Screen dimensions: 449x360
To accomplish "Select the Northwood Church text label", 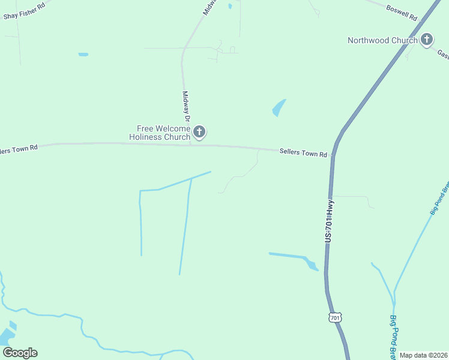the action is pos(382,40).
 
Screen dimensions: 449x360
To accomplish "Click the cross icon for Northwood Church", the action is pos(427,40).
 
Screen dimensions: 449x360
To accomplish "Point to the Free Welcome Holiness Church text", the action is pos(160,132).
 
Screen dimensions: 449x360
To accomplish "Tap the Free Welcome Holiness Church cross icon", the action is pos(199,132).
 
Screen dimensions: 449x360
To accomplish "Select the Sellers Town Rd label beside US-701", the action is pos(303,153).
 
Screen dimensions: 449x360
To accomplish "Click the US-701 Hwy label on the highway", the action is pos(330,221).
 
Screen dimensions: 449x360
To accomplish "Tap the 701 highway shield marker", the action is pos(336,317).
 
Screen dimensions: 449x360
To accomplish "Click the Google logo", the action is pos(20,353).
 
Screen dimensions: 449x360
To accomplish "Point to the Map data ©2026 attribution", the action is pos(423,355).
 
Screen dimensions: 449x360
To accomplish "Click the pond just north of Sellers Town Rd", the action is pos(279,108).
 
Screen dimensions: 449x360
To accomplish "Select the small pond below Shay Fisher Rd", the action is pos(83,55).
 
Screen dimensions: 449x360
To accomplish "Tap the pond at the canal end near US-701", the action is pos(311,264).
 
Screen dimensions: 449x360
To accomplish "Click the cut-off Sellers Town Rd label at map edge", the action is pos(19,148).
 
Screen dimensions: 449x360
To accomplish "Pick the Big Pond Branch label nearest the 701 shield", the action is pos(394,336).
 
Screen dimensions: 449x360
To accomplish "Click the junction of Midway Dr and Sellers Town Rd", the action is pos(190,144).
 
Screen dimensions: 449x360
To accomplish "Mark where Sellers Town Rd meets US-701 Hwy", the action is pos(333,155).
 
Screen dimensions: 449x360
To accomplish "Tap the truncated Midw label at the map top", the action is pos(209,7).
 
